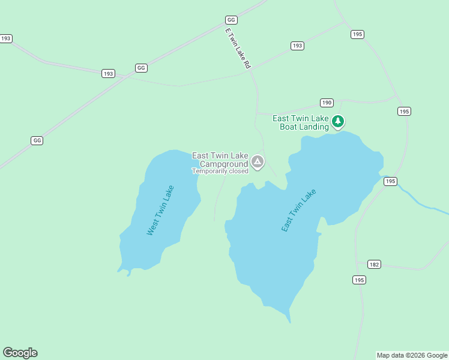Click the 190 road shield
click(327, 103)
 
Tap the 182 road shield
click(374, 264)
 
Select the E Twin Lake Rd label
click(238, 48)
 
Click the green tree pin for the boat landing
click(338, 122)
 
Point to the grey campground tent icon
click(258, 161)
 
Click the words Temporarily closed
click(220, 171)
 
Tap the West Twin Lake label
click(160, 210)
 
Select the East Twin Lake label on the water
click(298, 211)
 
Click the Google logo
click(20, 353)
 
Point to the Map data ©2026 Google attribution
click(412, 355)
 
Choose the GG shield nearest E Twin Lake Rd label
click(231, 20)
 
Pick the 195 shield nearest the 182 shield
click(359, 280)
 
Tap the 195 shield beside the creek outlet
click(391, 181)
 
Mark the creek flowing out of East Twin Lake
click(420, 200)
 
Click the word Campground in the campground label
click(223, 164)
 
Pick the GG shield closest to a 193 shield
click(141, 68)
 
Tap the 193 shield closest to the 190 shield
click(297, 46)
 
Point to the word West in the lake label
click(152, 227)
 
